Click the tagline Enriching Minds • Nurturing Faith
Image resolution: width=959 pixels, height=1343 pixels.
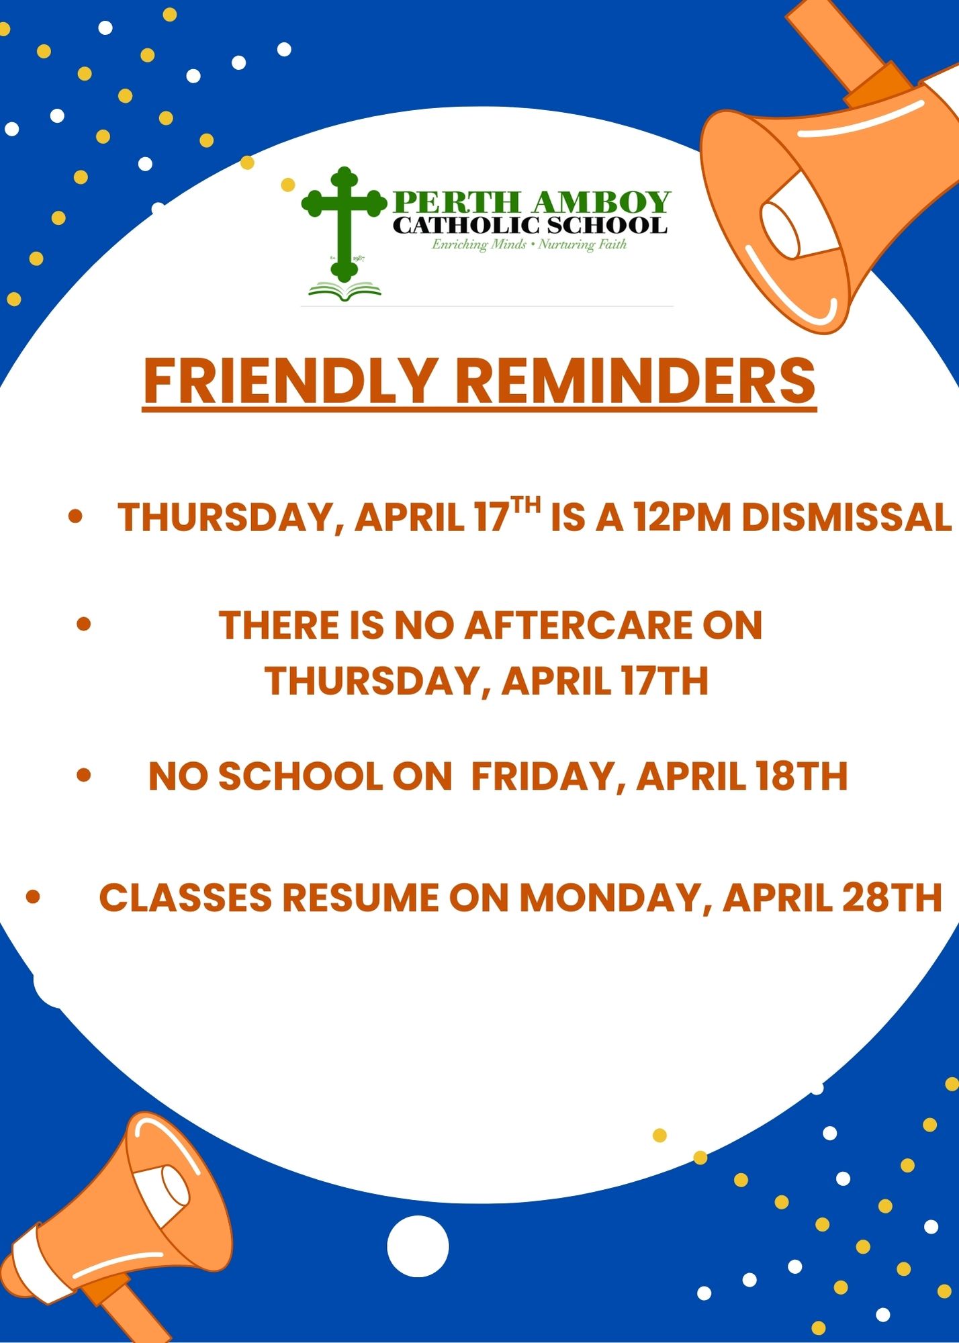(x=529, y=244)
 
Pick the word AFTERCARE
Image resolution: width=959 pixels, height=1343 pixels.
(x=578, y=625)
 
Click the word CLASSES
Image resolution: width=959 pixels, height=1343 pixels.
(x=185, y=898)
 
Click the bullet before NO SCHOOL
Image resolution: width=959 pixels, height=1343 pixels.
(x=84, y=776)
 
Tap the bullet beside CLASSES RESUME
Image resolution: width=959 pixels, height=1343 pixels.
(x=33, y=897)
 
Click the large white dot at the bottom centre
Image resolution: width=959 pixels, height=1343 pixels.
(x=418, y=1246)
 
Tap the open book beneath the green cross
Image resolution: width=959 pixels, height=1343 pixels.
(x=345, y=291)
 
